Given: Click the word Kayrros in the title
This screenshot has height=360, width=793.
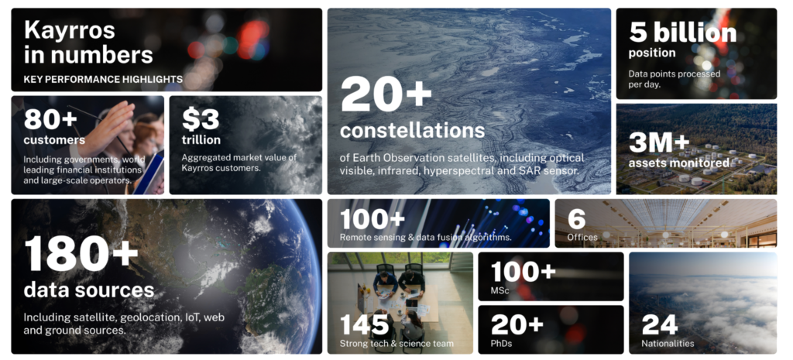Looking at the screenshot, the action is [x=69, y=31].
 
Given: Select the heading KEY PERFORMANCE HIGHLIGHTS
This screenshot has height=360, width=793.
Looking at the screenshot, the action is [x=103, y=79].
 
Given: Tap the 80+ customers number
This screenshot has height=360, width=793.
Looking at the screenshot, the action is [x=50, y=119].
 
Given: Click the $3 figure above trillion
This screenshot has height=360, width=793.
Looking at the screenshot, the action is [x=201, y=119].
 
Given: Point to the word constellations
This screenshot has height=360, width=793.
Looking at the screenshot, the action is [x=412, y=130].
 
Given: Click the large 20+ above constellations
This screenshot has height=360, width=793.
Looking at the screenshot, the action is [x=386, y=94].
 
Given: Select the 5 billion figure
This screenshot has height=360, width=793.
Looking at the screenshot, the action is [x=683, y=33].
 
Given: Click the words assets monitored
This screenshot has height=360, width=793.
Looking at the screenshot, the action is [x=678, y=163].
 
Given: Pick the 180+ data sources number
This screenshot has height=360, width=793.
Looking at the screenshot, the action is [x=81, y=254].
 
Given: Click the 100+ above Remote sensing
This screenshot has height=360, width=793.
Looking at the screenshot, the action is [x=372, y=219].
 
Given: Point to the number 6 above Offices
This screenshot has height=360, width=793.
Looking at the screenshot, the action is [x=576, y=219].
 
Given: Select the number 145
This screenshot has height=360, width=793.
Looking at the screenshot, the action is [x=364, y=324].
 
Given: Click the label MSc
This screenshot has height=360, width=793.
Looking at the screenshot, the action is [x=499, y=291].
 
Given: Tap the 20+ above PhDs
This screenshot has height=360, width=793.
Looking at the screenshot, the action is [x=517, y=324].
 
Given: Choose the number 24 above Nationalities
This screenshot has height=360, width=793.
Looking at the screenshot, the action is [x=660, y=324].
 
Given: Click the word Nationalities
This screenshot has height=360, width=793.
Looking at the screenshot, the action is [x=668, y=343].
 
